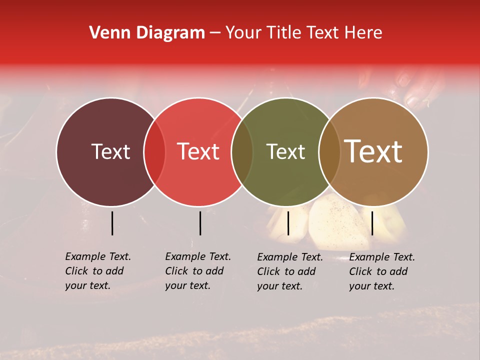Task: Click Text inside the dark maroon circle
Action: [x=110, y=151]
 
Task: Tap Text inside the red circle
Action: [x=198, y=151]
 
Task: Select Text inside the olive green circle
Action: [x=286, y=151]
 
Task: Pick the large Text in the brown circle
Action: [x=373, y=151]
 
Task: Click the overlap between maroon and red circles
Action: [x=154, y=151]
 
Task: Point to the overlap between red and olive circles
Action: [x=242, y=151]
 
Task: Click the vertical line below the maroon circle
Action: [x=112, y=223]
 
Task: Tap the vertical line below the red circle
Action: [x=200, y=223]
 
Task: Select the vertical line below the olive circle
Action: [x=288, y=223]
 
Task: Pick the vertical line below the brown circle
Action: [x=372, y=223]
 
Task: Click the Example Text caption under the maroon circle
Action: [x=97, y=271]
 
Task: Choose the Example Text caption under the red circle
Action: [x=197, y=271]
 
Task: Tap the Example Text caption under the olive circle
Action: [x=289, y=271]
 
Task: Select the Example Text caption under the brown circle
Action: [x=381, y=271]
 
